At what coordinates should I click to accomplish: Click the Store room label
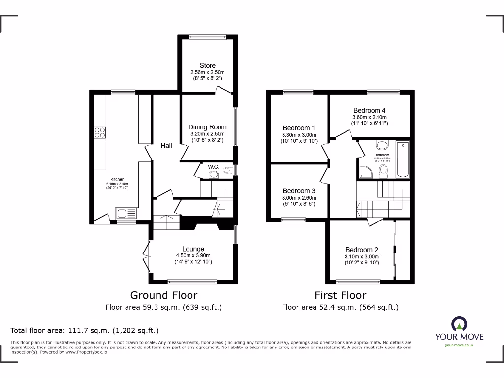[207, 65]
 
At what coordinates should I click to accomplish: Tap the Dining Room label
[207, 127]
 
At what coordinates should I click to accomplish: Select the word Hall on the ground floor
[166, 146]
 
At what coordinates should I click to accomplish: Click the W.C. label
[213, 167]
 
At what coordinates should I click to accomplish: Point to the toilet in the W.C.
[227, 171]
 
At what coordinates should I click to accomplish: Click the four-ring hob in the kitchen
[100, 131]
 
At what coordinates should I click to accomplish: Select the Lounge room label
[192, 249]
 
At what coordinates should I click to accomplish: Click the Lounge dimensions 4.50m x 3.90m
[192, 255]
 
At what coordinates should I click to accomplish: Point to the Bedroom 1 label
[299, 128]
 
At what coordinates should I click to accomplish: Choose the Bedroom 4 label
[369, 110]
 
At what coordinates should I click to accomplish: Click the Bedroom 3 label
[299, 191]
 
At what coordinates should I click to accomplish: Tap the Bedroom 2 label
[362, 250]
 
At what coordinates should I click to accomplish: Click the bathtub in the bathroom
[402, 159]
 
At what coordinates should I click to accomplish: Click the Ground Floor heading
[163, 295]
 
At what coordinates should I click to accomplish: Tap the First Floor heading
[340, 295]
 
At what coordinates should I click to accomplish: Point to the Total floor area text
[85, 330]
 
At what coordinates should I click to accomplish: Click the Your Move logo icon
[459, 323]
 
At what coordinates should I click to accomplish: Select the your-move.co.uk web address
[459, 345]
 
